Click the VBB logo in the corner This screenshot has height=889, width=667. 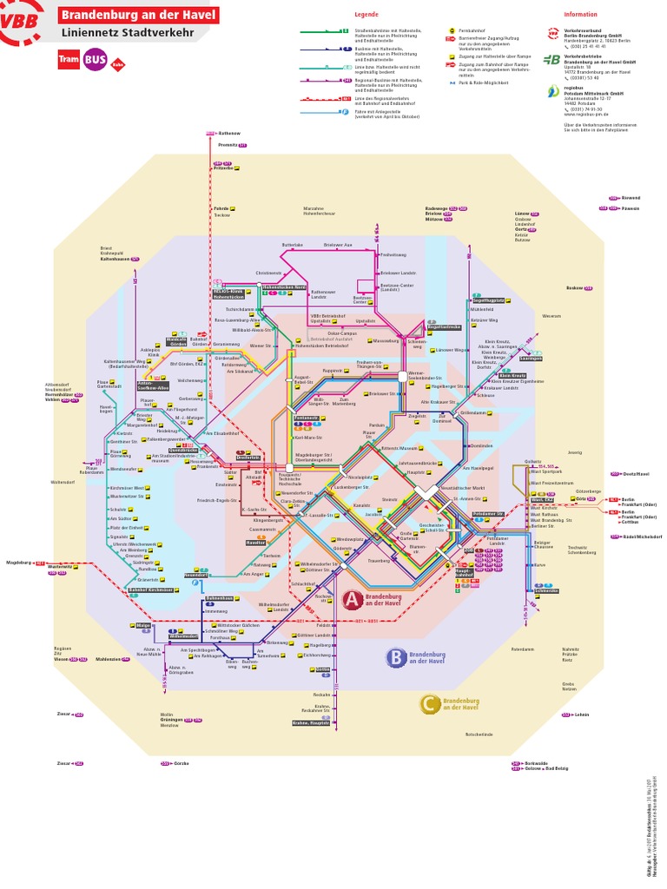coord(22,24)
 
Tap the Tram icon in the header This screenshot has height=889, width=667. coord(68,60)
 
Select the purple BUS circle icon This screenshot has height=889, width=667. coord(95,60)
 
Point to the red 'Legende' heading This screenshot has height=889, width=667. coord(367,15)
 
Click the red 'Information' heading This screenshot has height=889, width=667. coord(580,15)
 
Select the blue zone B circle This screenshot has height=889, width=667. coord(395,657)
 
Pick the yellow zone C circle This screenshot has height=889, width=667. coord(429,705)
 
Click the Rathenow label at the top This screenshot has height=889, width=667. coord(229,133)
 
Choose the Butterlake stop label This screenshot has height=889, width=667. coord(293,246)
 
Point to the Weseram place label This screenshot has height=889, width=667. coord(551,317)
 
